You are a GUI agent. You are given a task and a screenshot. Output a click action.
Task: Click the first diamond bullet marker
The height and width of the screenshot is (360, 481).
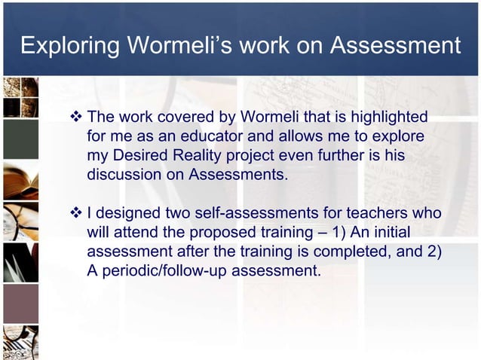tap(75, 117)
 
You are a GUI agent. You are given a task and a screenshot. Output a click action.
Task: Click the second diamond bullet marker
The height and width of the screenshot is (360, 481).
tap(75, 214)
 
